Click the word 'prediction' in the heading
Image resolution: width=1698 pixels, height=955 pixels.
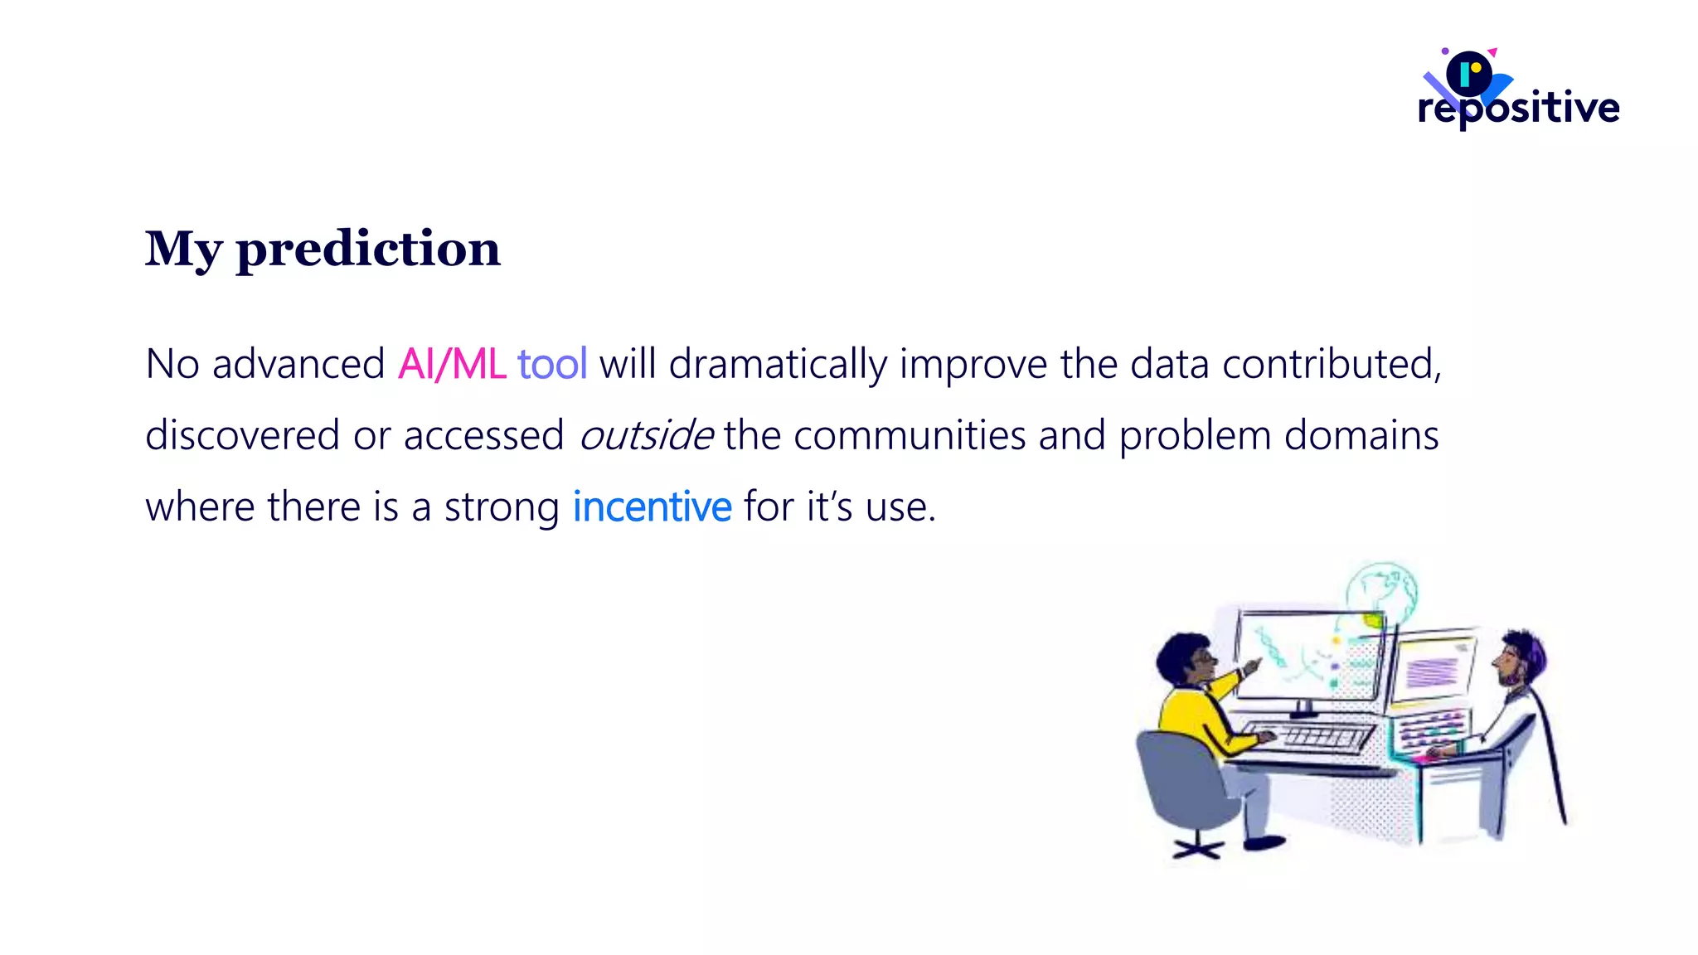368,249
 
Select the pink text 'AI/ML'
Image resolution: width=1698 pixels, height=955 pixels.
452,365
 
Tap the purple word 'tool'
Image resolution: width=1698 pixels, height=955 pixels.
552,365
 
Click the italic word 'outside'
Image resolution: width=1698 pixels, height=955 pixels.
645,436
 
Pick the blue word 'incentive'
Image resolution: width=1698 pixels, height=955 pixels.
653,507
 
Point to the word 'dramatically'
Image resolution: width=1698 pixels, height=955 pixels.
778,365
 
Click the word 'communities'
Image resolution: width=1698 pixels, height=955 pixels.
910,436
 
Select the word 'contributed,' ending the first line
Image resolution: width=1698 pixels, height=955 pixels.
1332,365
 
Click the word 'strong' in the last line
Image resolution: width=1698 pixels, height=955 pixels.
502,507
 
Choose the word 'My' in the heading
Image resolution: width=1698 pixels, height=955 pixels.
183,249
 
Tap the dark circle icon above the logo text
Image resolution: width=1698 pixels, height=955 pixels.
1468,73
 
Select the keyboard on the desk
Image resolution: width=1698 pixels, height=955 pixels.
1319,736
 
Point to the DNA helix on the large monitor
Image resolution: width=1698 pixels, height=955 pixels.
1269,647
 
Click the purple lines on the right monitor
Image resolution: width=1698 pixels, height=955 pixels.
1433,671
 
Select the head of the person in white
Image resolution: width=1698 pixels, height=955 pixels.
1520,657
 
